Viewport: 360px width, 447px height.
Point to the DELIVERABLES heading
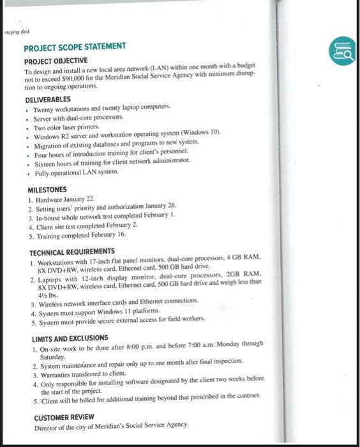pyautogui.click(x=49, y=101)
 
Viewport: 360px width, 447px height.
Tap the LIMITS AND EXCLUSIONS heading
pyautogui.click(x=70, y=337)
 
